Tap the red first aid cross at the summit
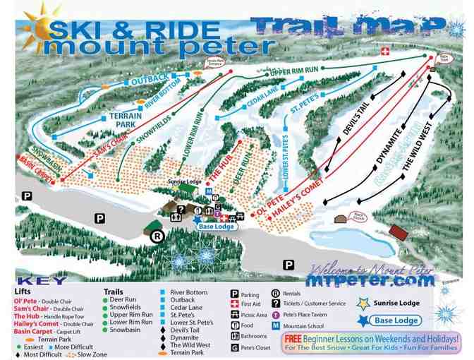point(385,52)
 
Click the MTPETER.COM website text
point(370,280)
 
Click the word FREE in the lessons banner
point(293,338)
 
